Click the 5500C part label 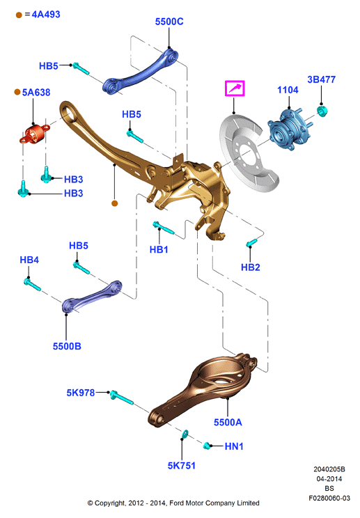pyautogui.click(x=169, y=22)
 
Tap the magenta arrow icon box pyautogui.click(x=235, y=88)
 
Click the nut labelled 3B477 pyautogui.click(x=322, y=111)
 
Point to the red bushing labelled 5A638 pyautogui.click(x=34, y=134)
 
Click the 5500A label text pyautogui.click(x=228, y=422)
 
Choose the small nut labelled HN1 pyautogui.click(x=208, y=446)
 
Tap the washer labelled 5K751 pyautogui.click(x=185, y=434)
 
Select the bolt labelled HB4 pyautogui.click(x=32, y=285)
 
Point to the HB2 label pyautogui.click(x=251, y=267)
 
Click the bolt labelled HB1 pyautogui.click(x=163, y=228)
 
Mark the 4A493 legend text pyautogui.click(x=46, y=14)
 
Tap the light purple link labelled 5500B pyautogui.click(x=91, y=296)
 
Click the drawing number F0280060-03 pyautogui.click(x=329, y=499)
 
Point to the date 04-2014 pyautogui.click(x=329, y=479)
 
